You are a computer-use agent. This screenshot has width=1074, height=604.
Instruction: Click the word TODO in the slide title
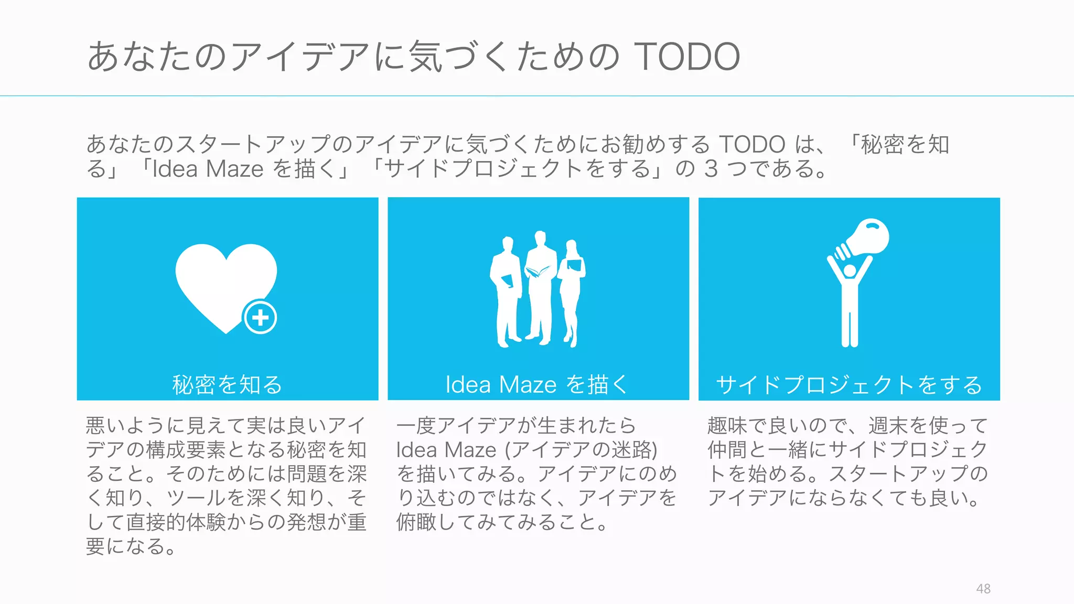pos(687,57)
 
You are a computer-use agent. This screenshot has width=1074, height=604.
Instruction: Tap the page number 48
pos(983,589)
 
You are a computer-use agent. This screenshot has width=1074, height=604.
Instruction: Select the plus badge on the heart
pos(260,317)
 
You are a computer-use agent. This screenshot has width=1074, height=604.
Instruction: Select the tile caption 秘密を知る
pos(227,385)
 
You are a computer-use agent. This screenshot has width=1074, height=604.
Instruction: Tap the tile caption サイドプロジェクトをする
pos(849,385)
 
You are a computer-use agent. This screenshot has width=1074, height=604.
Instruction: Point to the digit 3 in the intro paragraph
pos(711,169)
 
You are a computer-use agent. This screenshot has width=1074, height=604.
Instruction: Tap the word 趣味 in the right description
pos(727,425)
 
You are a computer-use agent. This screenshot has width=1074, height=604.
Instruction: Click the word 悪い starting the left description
pos(106,425)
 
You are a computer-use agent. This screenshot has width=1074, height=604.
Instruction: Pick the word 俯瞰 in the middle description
pos(416,522)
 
